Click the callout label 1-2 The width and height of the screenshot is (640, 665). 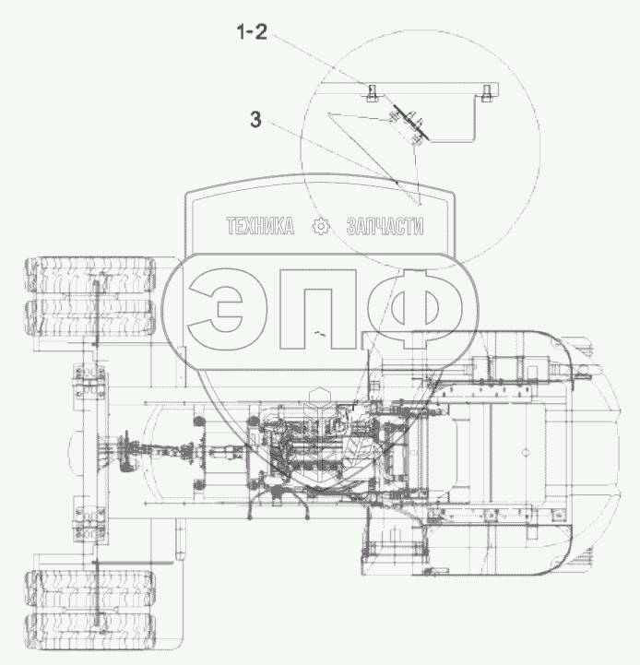252,32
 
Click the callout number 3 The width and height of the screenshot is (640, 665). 255,120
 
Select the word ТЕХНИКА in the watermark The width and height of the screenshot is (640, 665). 260,226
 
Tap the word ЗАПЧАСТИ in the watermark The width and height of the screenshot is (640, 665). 385,226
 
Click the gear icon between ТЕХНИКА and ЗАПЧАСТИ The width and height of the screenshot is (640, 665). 321,226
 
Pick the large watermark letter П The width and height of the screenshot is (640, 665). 317,308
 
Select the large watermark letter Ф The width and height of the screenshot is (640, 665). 415,308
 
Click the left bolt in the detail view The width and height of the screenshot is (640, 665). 372,92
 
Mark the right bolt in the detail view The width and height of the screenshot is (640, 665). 486,92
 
